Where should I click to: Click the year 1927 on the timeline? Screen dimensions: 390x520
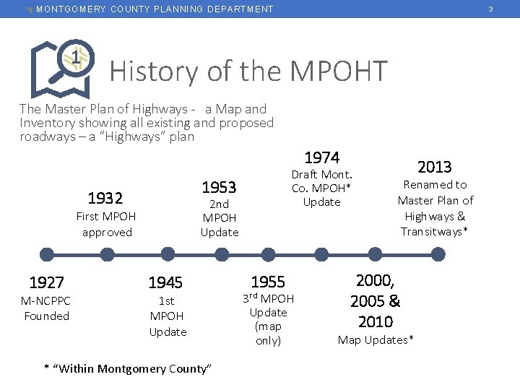pyautogui.click(x=46, y=282)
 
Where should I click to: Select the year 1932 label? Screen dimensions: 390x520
pyautogui.click(x=105, y=198)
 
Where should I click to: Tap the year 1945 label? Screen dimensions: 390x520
pyautogui.click(x=165, y=282)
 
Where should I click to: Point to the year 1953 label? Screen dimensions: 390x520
pyautogui.click(x=219, y=187)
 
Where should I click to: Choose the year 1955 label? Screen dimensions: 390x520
pyautogui.click(x=268, y=282)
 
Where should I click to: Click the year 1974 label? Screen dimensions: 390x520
pyautogui.click(x=322, y=157)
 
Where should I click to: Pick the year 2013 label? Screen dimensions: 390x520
pyautogui.click(x=435, y=167)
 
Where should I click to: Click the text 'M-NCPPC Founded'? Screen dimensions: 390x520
pyautogui.click(x=46, y=308)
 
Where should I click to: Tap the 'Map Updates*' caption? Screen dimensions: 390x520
pyautogui.click(x=376, y=339)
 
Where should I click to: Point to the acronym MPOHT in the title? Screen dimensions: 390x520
pyautogui.click(x=339, y=71)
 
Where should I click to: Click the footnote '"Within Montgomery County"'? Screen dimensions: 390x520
pyautogui.click(x=129, y=369)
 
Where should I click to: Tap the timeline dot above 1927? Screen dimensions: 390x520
pyautogui.click(x=47, y=254)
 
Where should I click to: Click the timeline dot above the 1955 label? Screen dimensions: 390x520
pyautogui.click(x=269, y=254)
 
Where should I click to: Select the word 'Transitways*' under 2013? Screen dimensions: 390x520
pyautogui.click(x=435, y=232)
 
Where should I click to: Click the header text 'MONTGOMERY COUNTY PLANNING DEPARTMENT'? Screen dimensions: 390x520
pyautogui.click(x=155, y=9)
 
